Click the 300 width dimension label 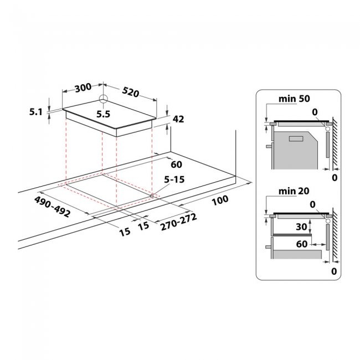83,88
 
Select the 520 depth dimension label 130,92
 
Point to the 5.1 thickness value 36,112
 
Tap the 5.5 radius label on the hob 104,114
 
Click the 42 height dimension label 178,119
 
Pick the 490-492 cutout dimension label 52,207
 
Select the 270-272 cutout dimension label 179,222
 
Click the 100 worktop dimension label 220,200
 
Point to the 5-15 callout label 174,179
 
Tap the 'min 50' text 294,99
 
